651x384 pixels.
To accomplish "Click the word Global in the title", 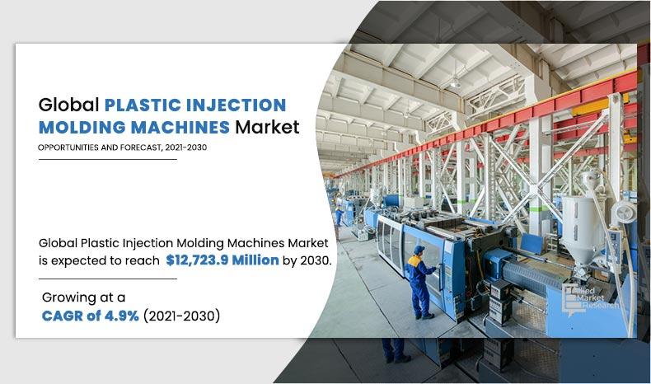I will coord(68,105).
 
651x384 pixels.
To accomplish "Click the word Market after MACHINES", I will coord(267,127).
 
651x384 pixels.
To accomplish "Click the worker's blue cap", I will coord(419,249).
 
